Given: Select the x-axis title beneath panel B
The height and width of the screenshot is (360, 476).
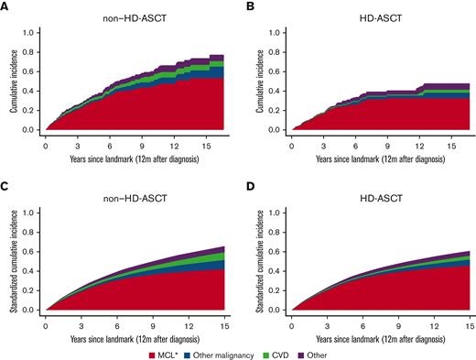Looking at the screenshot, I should (381, 158).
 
